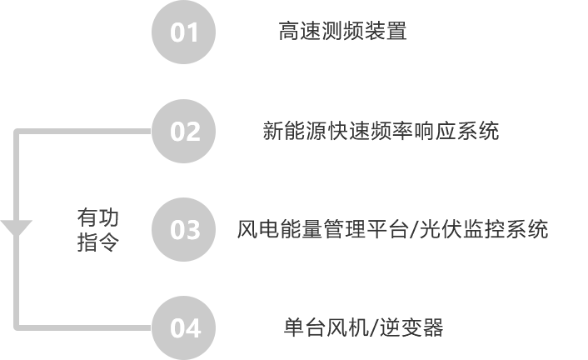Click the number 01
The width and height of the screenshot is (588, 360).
pos(185,32)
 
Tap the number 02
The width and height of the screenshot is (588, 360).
pos(185,132)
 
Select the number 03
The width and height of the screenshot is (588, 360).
pos(185,229)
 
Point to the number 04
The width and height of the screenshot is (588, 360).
pos(185,328)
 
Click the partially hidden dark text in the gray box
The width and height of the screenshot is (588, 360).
pos(97,230)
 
